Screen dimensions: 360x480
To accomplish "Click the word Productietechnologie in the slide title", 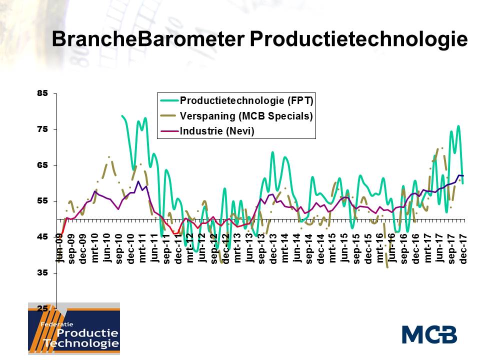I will click(358, 39).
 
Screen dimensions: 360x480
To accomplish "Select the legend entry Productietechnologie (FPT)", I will click(246, 100).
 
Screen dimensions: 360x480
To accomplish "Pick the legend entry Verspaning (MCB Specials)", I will click(246, 116).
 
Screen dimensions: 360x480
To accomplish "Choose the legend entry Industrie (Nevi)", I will click(216, 131).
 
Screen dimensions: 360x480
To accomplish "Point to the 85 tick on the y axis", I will click(43, 93).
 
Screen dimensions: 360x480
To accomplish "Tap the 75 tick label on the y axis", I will click(43, 129).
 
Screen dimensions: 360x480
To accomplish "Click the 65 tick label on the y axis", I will click(43, 165).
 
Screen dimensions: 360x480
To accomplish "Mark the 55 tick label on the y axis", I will click(43, 201).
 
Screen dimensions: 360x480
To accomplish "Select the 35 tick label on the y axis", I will click(43, 273).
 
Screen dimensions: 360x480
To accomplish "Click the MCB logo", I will click(429, 334).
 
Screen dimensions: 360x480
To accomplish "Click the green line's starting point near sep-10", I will click(122, 116).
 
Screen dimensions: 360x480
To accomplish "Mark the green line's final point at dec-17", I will click(463, 183).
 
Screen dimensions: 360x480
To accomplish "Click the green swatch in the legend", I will click(167, 100).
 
